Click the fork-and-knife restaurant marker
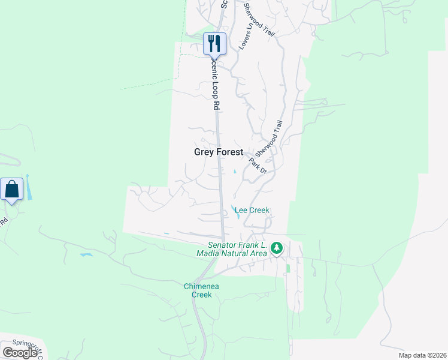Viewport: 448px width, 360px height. (x=214, y=43)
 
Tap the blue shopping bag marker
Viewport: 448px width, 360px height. (x=12, y=189)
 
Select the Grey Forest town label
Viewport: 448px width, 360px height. (x=219, y=152)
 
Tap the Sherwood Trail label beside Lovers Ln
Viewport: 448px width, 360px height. (x=259, y=20)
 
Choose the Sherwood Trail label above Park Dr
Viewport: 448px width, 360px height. (x=270, y=137)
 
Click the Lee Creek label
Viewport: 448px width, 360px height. (x=252, y=210)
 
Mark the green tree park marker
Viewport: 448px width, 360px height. (x=276, y=248)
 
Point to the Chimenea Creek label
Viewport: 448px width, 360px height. (x=201, y=290)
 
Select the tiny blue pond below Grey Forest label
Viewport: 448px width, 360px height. (x=234, y=173)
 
